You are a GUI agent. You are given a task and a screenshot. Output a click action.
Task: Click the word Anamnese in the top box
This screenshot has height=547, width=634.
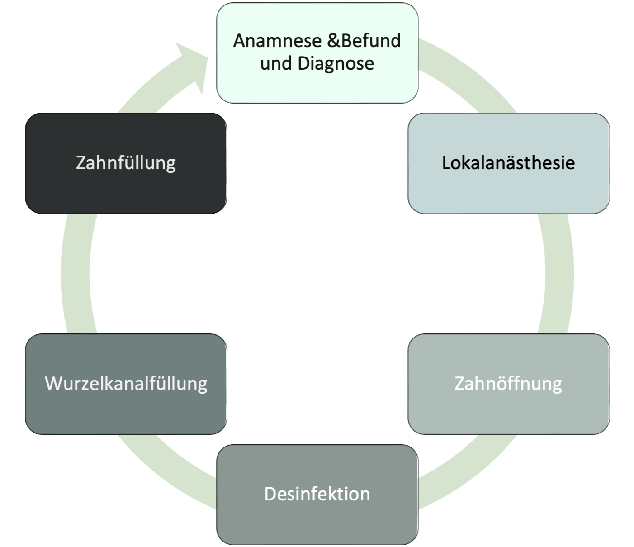[x=277, y=41]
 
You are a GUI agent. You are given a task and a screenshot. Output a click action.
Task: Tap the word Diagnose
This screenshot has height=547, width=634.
[x=336, y=63]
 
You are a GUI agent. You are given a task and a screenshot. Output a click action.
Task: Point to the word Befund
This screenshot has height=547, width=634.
[x=371, y=41]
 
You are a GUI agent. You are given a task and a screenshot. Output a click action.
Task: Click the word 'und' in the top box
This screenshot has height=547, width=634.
[x=275, y=63]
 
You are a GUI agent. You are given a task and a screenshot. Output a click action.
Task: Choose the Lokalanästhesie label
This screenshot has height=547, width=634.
[x=508, y=163]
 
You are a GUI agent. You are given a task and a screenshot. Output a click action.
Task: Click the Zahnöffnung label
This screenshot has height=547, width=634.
[x=508, y=384]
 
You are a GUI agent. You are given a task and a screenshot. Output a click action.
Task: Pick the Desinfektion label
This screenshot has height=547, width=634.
[x=317, y=494]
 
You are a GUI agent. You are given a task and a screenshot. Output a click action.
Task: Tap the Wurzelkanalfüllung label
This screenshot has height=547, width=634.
[x=126, y=384]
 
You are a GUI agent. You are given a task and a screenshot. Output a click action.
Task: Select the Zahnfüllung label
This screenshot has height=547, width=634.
[x=126, y=163]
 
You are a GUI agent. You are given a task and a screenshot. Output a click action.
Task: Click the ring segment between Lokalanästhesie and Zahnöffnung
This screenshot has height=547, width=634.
[x=559, y=274]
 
